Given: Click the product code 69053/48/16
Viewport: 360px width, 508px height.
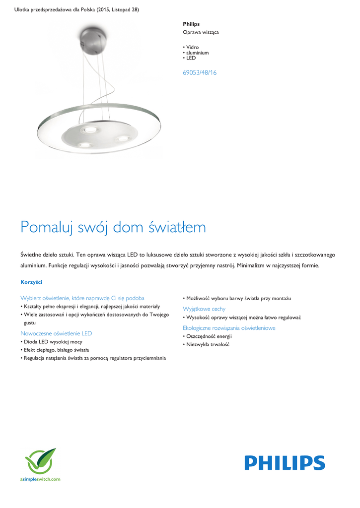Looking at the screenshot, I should [199, 72].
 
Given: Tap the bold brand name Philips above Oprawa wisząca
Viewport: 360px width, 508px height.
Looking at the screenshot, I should [191, 24].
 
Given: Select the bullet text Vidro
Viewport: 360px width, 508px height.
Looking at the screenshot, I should [192, 47].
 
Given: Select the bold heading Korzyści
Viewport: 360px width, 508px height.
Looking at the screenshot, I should [31, 282].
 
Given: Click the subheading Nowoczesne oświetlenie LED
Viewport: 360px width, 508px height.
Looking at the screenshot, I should [56, 333].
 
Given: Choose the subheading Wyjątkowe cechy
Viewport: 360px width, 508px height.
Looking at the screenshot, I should [204, 309].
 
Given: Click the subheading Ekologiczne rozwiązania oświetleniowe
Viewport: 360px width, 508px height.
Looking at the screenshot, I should [229, 328].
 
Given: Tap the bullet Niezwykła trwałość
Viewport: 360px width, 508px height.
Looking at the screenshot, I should [208, 344].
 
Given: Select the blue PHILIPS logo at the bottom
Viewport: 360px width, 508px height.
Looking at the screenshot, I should [284, 463].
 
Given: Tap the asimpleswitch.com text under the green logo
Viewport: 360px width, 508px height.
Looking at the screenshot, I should [40, 479].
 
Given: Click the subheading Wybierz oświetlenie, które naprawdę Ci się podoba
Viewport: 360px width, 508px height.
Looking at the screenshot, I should [82, 298].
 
